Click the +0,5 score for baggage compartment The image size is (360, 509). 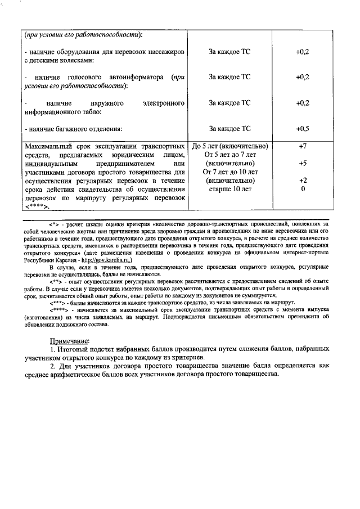pos(302,129)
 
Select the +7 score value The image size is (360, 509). pos(302,146)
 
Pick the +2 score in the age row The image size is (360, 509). pos(302,181)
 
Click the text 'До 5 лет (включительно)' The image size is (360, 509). pos(229,146)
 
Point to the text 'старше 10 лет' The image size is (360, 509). pos(229,189)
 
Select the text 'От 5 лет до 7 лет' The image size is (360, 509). pos(229,155)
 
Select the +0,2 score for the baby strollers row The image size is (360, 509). pos(302,51)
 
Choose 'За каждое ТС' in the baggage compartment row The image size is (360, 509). pos(229,129)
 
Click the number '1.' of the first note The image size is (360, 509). pos(53,350)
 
